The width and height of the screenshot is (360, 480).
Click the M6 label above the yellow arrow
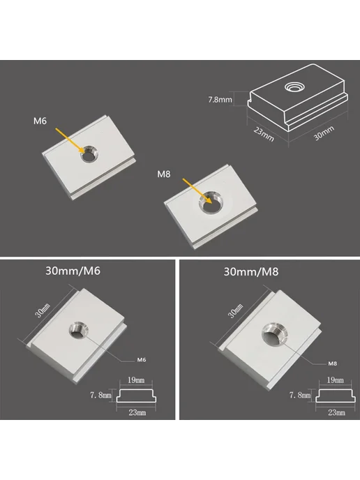coord(40,121)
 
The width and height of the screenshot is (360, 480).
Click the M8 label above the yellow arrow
coord(164,174)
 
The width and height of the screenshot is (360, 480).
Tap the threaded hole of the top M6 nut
coord(89,153)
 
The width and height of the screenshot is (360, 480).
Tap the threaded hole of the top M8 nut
coord(211,202)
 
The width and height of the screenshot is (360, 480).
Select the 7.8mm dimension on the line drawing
coord(220,100)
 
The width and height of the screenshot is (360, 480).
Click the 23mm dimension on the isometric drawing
coord(264,134)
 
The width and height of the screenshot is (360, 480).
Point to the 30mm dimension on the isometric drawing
coord(324,133)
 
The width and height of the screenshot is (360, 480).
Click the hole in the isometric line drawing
coord(295,87)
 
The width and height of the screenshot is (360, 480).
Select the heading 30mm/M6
coord(73,271)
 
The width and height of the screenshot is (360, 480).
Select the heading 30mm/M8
coord(251,272)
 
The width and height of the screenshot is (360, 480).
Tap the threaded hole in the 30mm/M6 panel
coord(78,330)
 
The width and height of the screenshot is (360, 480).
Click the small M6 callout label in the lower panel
coord(142,360)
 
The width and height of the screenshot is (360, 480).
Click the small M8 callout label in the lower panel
coord(333,363)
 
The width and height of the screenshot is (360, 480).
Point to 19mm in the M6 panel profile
coord(136,380)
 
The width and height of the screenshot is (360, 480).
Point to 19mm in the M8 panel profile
coord(335,380)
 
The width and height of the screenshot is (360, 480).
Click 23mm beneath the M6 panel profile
coord(137,412)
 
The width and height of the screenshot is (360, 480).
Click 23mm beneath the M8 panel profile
coord(337,412)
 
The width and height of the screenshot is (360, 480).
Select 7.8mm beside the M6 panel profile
coord(100,395)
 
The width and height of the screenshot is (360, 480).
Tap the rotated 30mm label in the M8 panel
coord(236,310)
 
